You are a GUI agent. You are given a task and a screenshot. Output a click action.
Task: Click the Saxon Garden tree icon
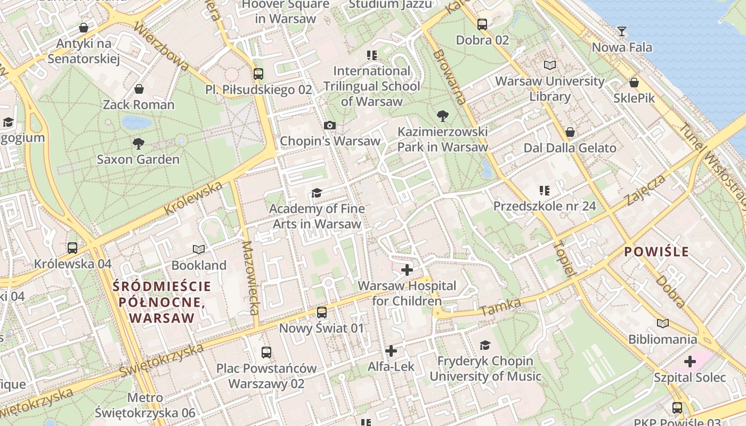pos(139,143)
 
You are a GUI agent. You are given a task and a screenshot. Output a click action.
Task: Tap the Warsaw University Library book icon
pos(550,65)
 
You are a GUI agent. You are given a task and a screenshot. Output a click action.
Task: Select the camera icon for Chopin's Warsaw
pos(330,125)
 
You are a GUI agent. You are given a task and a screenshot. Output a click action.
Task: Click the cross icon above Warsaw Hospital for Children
pos(407,270)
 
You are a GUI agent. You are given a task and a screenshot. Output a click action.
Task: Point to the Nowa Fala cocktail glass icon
pos(621,31)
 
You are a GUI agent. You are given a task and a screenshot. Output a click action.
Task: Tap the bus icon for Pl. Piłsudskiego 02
pos(258,74)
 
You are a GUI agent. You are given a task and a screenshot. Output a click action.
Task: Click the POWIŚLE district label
pos(656,251)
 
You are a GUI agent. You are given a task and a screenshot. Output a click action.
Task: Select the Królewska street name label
pos(193,199)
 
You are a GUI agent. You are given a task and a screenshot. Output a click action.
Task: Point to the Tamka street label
pos(501,307)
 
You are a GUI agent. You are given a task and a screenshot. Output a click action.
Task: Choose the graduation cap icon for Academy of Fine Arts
pos(317,193)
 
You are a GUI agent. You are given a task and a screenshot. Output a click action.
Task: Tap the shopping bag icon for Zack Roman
pos(139,88)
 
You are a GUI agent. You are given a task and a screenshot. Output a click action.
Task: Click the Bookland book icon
pos(199,249)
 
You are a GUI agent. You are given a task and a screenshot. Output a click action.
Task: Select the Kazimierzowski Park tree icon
pos(442,116)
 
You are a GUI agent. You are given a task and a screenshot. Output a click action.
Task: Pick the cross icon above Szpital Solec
pos(690,362)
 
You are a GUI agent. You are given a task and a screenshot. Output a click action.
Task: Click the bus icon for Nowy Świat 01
pos(321,313)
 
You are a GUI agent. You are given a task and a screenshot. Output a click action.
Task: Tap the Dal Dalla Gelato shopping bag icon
pos(570,132)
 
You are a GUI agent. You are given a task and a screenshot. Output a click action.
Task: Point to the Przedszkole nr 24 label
pos(545,206)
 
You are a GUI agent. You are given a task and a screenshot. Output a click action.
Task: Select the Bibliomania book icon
pos(663,323)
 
